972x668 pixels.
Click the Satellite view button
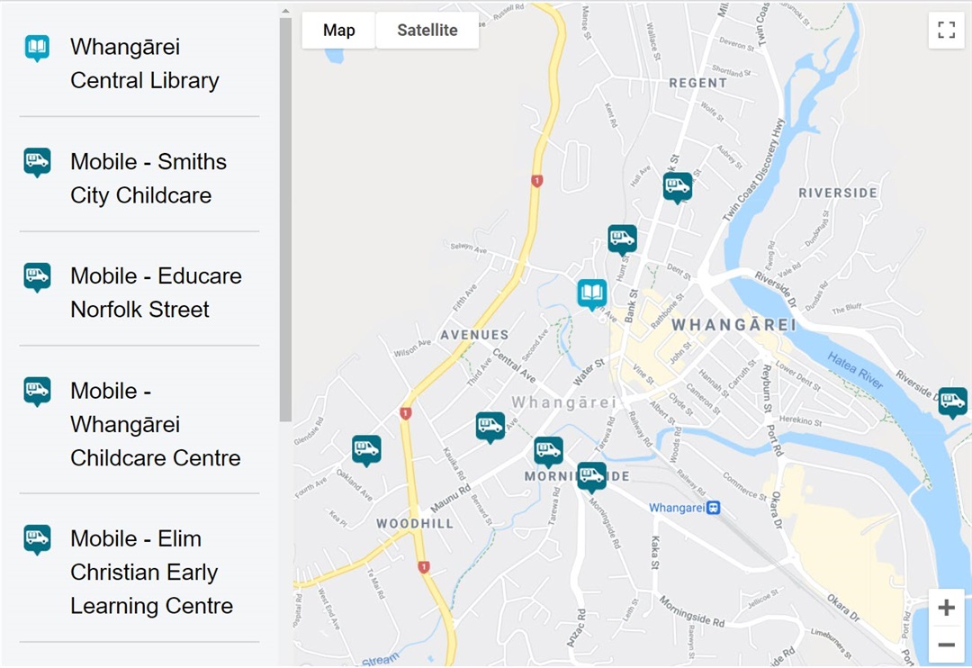(x=427, y=31)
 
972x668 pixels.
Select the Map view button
(x=338, y=31)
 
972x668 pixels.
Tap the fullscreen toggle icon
(x=946, y=31)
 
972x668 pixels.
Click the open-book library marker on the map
(x=591, y=293)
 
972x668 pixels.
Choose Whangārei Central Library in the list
(x=144, y=64)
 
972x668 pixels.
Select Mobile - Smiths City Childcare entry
(x=148, y=178)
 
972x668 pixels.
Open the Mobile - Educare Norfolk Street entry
(x=155, y=293)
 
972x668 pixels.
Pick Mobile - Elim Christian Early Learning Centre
(x=151, y=572)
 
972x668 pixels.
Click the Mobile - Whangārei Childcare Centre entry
(x=155, y=424)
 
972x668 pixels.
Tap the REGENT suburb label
(x=698, y=83)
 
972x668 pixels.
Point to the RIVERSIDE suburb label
(x=838, y=193)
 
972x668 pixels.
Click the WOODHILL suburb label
(x=415, y=523)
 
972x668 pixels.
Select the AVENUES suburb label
(x=474, y=335)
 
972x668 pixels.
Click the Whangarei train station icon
(x=713, y=508)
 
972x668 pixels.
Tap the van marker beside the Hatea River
(x=952, y=401)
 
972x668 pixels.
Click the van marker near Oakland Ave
(x=366, y=448)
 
